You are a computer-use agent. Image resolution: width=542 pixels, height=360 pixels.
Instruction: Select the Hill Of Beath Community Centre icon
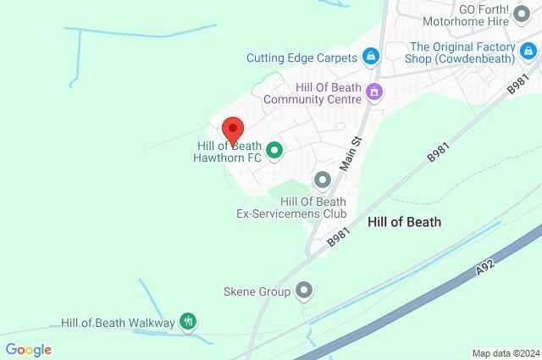pyautogui.click(x=371, y=91)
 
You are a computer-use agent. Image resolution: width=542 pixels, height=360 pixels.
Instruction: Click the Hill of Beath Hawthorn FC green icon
pyautogui.click(x=274, y=152)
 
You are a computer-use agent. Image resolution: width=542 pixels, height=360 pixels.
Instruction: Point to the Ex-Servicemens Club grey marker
pyautogui.click(x=322, y=180)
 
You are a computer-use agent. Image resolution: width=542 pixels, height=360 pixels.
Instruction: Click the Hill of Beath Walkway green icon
pyautogui.click(x=189, y=322)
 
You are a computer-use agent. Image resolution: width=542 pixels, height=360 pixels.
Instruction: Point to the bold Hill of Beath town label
pyautogui.click(x=405, y=221)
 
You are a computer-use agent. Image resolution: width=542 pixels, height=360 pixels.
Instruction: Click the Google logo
pyautogui.click(x=28, y=350)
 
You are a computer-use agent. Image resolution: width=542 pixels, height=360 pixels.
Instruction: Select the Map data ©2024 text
pyautogui.click(x=505, y=353)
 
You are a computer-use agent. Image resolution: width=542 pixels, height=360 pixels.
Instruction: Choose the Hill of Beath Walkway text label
pyautogui.click(x=118, y=323)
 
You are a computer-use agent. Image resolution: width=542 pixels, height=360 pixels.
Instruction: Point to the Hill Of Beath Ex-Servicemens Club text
pyautogui.click(x=291, y=208)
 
